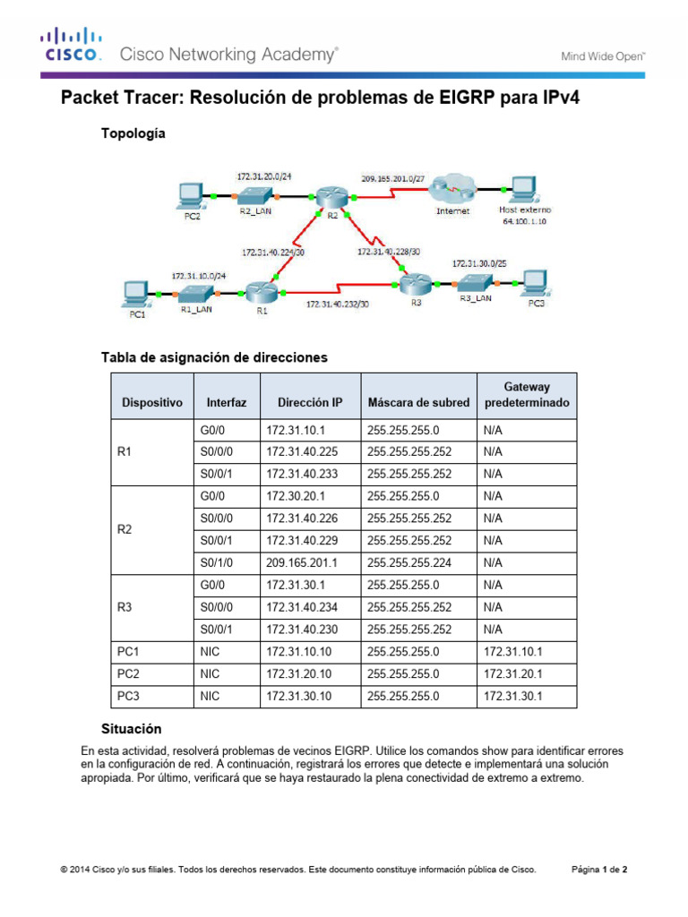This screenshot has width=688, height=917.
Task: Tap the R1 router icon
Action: click(x=261, y=292)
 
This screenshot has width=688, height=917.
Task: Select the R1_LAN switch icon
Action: click(x=194, y=293)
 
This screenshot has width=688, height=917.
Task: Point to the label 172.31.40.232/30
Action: click(x=337, y=304)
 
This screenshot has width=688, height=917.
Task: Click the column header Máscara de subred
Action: click(x=418, y=403)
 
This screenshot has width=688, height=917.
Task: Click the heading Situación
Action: click(x=131, y=729)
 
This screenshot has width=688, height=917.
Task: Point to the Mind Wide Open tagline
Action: click(x=603, y=56)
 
